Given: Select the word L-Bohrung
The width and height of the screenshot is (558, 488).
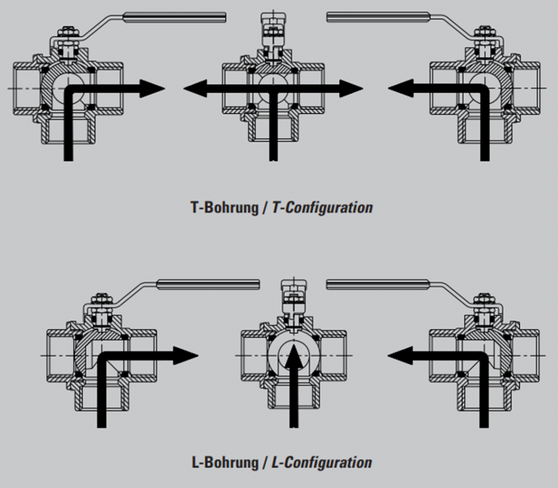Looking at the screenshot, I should pyautogui.click(x=224, y=462).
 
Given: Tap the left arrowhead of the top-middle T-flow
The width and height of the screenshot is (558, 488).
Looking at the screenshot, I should pyautogui.click(x=195, y=88).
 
